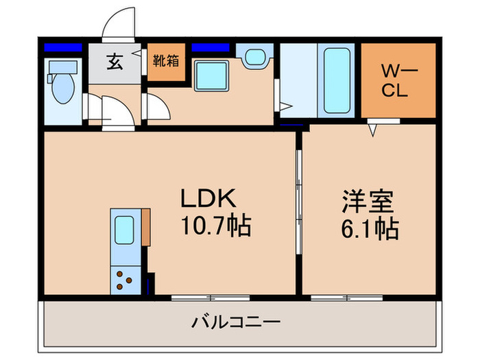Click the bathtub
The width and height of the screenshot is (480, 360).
337,82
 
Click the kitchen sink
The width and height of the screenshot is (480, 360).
125,227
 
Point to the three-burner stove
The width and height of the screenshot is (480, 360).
125,278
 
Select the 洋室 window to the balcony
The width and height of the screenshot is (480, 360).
337,297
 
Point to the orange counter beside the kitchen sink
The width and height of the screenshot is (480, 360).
145,227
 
